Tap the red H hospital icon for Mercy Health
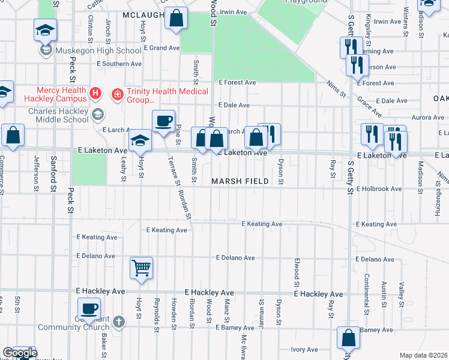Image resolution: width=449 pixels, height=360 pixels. click(x=95, y=93)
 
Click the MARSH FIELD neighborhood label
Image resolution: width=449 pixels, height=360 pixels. click(x=239, y=181)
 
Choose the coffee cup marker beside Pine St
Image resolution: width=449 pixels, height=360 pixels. click(x=163, y=121)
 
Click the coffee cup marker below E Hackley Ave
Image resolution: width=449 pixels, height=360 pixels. click(x=89, y=309)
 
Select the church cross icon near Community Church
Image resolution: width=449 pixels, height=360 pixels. click(x=119, y=322)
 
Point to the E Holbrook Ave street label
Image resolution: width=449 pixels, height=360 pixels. click(x=379, y=189)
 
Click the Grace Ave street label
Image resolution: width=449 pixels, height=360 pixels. click(x=369, y=106)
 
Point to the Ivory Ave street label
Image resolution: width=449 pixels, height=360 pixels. click(x=304, y=349)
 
